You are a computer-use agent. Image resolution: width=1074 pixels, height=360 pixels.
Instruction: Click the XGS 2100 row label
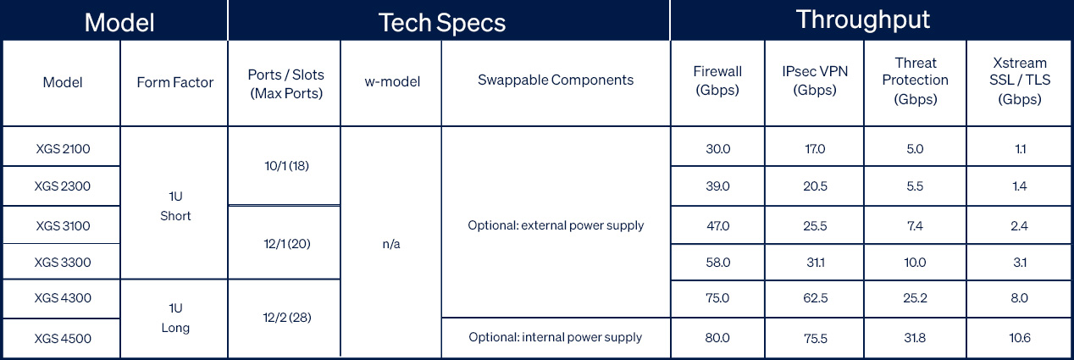63,148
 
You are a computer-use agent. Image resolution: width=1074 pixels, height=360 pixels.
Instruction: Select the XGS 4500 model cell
63,339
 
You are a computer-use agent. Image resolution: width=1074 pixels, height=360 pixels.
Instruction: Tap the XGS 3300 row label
63,263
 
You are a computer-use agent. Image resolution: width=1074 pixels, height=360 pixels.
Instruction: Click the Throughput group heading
862,19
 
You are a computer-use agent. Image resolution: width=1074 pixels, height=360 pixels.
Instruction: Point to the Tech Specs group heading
442,22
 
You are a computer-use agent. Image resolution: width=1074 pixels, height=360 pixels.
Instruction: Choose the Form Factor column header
175,82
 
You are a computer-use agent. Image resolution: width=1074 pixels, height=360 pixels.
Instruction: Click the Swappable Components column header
556,80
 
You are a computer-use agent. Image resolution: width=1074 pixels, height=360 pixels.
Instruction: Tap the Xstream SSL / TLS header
1020,81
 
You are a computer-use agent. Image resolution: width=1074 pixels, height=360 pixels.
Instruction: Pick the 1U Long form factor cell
175,318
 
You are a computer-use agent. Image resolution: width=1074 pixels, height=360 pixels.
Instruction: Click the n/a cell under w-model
390,243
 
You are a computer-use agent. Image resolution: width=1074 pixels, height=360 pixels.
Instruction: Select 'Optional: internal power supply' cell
556,337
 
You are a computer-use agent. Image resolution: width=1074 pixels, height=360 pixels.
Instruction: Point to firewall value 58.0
717,263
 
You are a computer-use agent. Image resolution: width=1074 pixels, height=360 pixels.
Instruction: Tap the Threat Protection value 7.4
915,226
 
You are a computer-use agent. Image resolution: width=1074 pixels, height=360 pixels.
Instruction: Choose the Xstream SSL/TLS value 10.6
1020,338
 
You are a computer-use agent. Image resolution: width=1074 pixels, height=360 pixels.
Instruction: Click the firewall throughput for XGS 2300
717,186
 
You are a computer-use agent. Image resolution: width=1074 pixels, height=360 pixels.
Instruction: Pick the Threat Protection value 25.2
915,298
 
